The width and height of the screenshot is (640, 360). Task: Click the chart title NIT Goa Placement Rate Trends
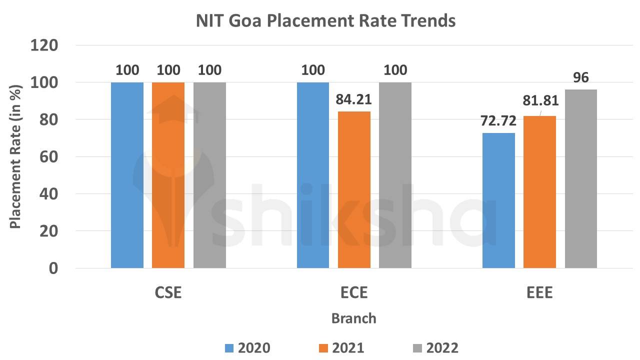click(x=325, y=21)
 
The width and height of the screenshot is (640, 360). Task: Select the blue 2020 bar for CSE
click(x=127, y=175)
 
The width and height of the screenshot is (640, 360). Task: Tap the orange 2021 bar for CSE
click(x=168, y=175)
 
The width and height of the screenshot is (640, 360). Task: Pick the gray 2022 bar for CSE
click(x=209, y=175)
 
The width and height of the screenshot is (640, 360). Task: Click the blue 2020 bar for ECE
click(x=313, y=175)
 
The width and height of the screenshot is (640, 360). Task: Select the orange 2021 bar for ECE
click(x=354, y=190)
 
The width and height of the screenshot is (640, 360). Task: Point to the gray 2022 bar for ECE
click(x=395, y=175)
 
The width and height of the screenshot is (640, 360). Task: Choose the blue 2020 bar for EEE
click(x=498, y=200)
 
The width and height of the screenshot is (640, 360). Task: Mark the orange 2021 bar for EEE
click(x=539, y=192)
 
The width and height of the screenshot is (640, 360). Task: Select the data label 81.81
click(x=539, y=101)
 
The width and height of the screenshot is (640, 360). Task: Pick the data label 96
click(x=581, y=78)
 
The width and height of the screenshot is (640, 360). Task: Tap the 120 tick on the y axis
click(x=44, y=45)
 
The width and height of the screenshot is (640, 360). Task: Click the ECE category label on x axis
click(x=354, y=293)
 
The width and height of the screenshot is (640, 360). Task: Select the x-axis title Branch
click(x=354, y=318)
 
